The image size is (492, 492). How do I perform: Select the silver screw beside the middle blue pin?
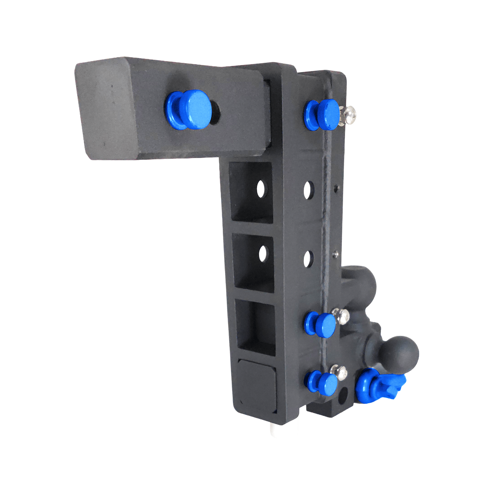click(341, 316)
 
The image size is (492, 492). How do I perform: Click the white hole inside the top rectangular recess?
click(261, 189)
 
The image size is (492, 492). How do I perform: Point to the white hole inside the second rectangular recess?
click(262, 253)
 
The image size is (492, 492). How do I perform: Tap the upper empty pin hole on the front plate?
click(309, 190)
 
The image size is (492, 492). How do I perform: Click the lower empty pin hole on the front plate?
click(308, 259)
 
